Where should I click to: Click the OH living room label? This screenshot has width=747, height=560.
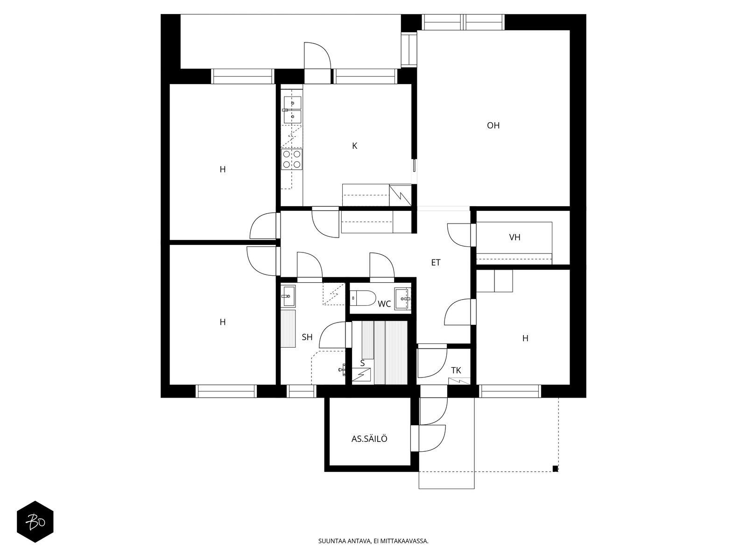[x=493, y=126]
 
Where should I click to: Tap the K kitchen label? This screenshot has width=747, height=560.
[x=355, y=146]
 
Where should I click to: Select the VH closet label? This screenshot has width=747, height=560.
[x=514, y=238]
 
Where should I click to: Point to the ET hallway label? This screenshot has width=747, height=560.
[x=436, y=262]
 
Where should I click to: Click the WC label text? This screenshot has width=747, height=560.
[x=384, y=304]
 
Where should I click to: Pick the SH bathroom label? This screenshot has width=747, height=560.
[x=307, y=337]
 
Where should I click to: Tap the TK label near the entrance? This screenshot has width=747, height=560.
[x=456, y=370]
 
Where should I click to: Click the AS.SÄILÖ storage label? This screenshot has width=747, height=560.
[x=369, y=439]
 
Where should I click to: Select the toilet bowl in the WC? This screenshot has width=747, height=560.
[x=363, y=298]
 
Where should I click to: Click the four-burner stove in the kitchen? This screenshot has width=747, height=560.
[x=292, y=159]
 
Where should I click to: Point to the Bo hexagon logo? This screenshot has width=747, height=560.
[x=35, y=522]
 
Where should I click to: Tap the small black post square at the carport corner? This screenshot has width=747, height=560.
[x=555, y=469]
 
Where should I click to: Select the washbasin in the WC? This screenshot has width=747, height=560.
[x=403, y=299]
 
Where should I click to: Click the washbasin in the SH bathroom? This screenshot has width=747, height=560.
[x=288, y=295]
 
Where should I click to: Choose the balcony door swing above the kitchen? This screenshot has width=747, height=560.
[x=317, y=56]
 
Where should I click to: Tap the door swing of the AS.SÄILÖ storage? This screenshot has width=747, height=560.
[x=432, y=438]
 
